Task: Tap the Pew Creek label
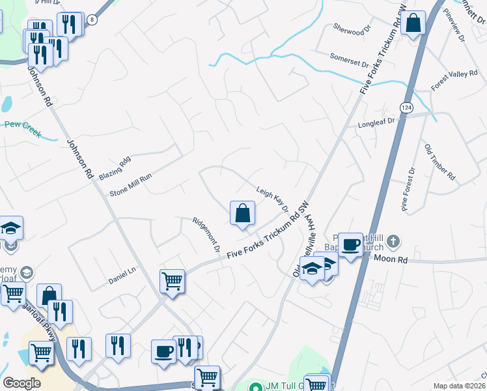pyautogui.click(x=23, y=129)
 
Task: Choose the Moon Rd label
pyautogui.click(x=391, y=259)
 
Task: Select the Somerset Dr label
pyautogui.click(x=349, y=57)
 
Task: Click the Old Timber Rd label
pyautogui.click(x=440, y=162)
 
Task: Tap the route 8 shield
pyautogui.click(x=93, y=20)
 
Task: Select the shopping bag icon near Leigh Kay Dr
pyautogui.click(x=242, y=213)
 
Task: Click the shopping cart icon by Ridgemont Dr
pyautogui.click(x=173, y=282)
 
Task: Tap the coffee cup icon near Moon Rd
pyautogui.click(x=351, y=245)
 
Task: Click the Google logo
pyautogui.click(x=21, y=383)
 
